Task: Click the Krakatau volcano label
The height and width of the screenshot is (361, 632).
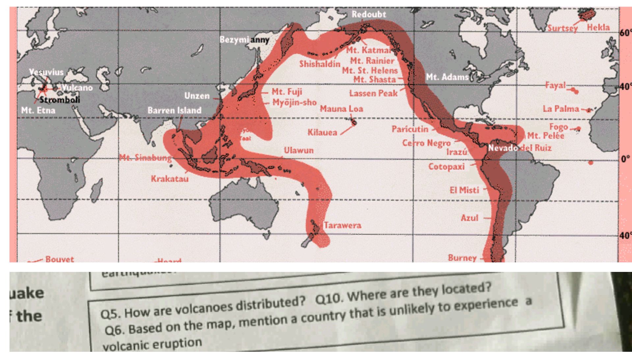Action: coord(170,179)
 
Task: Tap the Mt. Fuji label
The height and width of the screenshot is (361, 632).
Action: coord(287,92)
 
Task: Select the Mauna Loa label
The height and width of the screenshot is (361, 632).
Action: coord(341,109)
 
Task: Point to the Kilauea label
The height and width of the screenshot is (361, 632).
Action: coord(322,132)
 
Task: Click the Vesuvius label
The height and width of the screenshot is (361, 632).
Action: coord(46,72)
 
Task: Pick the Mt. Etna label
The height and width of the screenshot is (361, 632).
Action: coord(38,110)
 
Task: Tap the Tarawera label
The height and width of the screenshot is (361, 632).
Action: coord(342,225)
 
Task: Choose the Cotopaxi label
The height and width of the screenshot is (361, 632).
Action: coord(446,167)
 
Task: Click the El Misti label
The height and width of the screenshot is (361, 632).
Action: coord(464,190)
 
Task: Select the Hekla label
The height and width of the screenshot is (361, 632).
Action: coord(598,28)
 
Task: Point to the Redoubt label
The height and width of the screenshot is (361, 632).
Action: coord(369,14)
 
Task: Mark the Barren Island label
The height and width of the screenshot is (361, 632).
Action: coord(174,110)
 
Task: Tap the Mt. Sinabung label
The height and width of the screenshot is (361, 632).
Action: coord(145,158)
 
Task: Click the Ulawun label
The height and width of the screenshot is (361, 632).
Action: coord(299,151)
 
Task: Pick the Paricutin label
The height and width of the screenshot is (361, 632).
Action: coord(410,129)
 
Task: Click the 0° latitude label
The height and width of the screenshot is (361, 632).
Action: coord(625,159)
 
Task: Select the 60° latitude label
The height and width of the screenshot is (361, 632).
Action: coord(625,33)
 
